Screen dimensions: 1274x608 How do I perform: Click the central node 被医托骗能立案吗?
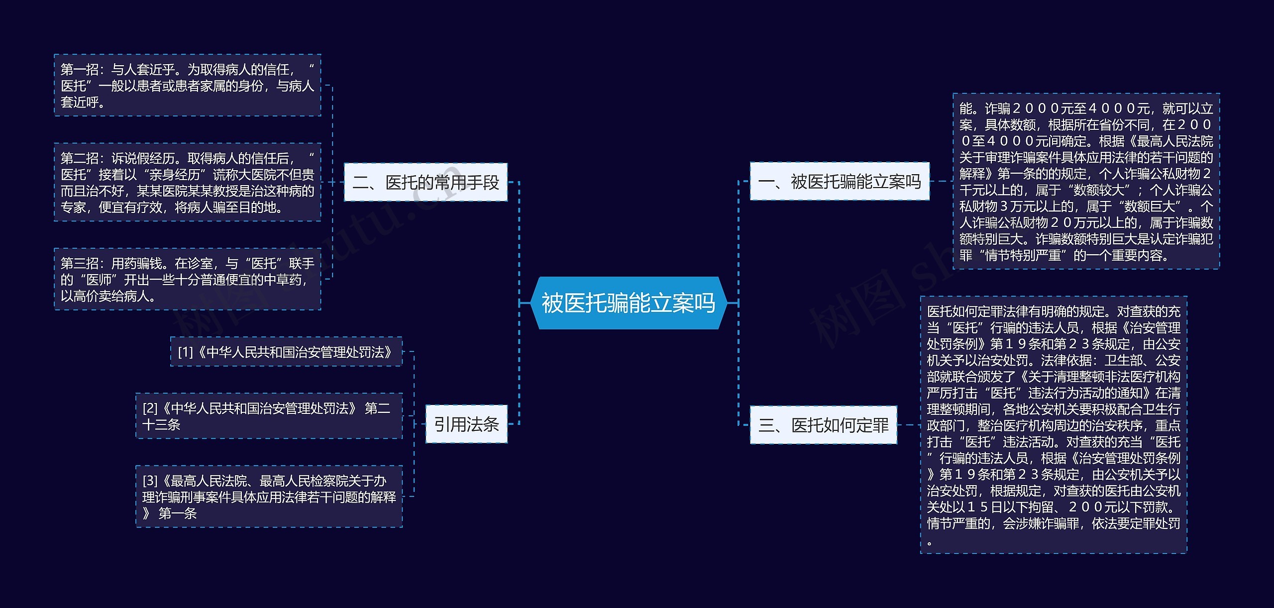point(629,303)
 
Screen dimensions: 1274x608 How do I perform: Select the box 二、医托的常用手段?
point(425,182)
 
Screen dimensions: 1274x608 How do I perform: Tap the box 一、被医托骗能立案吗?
point(840,181)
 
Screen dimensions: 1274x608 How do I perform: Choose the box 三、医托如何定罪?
point(823,425)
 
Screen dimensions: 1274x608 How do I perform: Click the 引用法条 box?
point(466,424)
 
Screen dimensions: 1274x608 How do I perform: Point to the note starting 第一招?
point(187,85)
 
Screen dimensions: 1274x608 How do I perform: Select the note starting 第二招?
point(187,182)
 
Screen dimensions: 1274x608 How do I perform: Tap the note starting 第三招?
point(187,279)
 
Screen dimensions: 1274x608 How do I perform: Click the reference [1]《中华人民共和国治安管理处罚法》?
point(286,352)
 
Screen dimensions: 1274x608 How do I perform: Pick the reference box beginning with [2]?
point(269,416)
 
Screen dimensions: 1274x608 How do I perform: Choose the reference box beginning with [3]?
point(269,496)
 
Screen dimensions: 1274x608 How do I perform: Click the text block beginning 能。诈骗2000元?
point(1086,181)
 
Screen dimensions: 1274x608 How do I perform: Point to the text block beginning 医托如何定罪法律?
point(1054,425)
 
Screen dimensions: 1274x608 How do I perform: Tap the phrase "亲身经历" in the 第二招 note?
point(174,175)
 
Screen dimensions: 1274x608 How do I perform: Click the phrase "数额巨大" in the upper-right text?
point(1155,206)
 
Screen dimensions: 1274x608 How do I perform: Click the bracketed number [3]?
point(150,481)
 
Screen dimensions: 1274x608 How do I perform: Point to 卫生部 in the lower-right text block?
point(1124,360)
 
